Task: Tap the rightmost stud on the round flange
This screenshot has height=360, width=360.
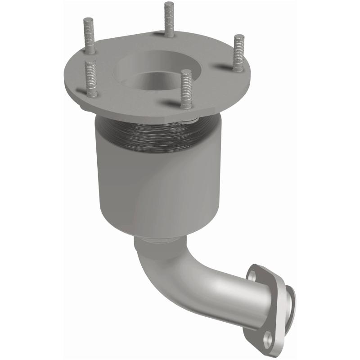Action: tap(238, 53)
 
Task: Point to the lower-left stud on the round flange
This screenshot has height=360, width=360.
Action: tap(91, 79)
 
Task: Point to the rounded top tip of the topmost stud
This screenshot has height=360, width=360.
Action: tap(169, 4)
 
